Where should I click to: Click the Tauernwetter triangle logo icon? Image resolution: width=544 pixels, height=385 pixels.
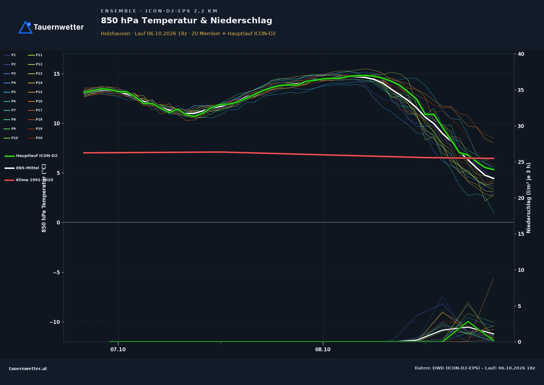[x=26, y=27]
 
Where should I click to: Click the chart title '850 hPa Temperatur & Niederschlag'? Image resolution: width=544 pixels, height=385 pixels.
[x=186, y=21]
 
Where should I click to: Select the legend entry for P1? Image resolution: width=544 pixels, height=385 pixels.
[x=10, y=55]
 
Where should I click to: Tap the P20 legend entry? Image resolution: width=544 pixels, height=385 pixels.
[x=35, y=138]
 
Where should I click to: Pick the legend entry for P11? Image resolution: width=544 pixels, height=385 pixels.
[x=35, y=55]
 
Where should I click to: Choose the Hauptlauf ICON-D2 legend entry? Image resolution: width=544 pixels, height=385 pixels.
[x=31, y=156]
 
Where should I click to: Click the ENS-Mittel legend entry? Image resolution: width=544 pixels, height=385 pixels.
[x=22, y=168]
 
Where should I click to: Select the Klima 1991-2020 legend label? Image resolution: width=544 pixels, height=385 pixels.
[x=29, y=180]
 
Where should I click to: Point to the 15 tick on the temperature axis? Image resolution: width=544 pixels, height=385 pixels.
[x=57, y=74]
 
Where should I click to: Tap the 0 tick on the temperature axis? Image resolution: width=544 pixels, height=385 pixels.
[x=58, y=223]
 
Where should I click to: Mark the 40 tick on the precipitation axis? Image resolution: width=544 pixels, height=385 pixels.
[x=521, y=54]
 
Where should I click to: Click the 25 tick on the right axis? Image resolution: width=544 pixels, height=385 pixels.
[x=521, y=162]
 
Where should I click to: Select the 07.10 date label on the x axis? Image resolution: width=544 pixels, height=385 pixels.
[x=118, y=349]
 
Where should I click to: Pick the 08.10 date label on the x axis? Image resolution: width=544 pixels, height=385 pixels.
[x=323, y=349]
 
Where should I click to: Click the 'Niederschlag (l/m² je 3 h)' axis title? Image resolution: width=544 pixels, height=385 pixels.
[x=529, y=198]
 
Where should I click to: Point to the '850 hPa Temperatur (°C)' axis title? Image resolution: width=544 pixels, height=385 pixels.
[x=44, y=198]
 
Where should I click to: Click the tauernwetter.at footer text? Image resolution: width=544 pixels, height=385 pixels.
[x=28, y=369]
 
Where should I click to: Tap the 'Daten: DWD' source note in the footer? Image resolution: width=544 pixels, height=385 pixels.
[x=475, y=368]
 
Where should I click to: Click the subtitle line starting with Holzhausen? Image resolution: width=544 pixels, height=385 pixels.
[x=188, y=33]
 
